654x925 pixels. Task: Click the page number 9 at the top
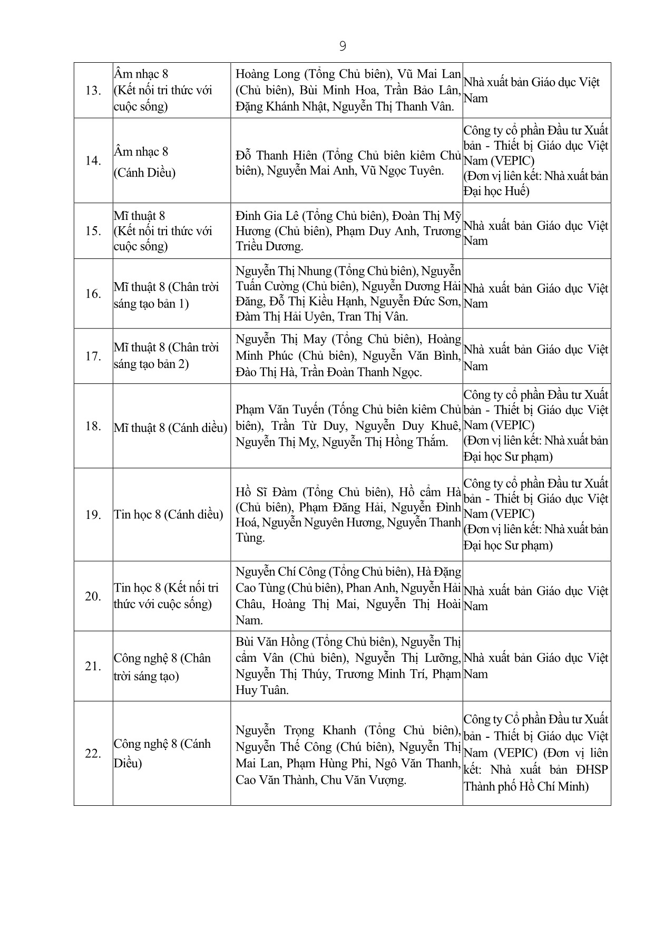343,46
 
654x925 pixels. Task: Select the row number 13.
93,91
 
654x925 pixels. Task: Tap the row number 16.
93,294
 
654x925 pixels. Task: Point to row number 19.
93,515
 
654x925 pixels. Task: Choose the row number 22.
93,754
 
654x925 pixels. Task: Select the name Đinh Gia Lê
267,216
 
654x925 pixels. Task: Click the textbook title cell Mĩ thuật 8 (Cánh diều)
171,428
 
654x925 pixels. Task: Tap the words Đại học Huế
496,191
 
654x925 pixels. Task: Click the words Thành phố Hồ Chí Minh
525,786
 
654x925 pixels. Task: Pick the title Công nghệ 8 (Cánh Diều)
162,753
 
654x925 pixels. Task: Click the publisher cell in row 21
536,666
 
